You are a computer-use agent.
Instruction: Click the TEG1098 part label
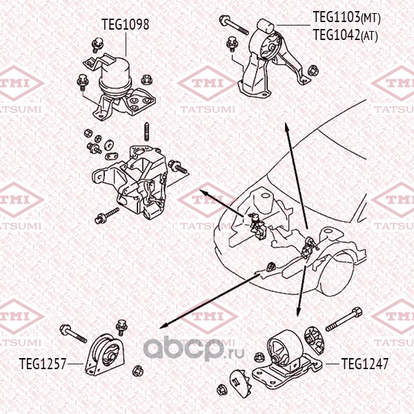126,24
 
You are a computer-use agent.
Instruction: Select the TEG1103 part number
337,17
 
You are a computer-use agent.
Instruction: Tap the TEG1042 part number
337,34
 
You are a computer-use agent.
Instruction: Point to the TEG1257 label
43,364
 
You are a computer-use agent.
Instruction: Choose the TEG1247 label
365,364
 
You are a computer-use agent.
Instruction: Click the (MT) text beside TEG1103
371,19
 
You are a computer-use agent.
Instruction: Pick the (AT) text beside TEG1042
369,36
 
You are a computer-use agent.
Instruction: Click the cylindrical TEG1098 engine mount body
115,77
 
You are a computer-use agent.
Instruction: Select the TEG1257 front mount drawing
105,354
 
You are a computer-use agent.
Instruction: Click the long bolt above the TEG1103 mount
234,25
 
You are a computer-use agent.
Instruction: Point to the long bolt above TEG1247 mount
344,319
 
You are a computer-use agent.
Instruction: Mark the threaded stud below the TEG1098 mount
147,132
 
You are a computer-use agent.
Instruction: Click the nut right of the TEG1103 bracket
313,70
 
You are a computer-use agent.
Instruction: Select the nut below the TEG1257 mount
137,371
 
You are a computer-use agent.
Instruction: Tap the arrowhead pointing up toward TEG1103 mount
286,127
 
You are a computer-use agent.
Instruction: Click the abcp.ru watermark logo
194,348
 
